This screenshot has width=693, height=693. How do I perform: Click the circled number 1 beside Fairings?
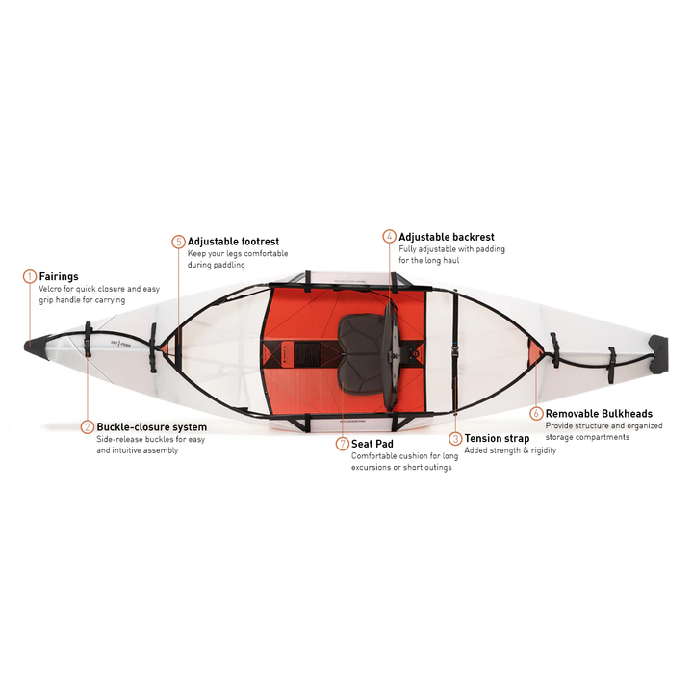pyautogui.click(x=29, y=276)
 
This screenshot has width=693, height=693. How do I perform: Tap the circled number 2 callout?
pyautogui.click(x=87, y=426)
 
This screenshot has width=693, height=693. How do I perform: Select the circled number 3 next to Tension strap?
pyautogui.click(x=455, y=439)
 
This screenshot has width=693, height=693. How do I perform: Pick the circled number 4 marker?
pyautogui.click(x=389, y=236)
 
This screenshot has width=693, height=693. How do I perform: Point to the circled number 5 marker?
pyautogui.click(x=178, y=242)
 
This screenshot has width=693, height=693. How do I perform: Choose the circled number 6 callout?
pyautogui.click(x=536, y=414)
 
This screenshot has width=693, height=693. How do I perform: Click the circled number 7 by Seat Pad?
pyautogui.click(x=342, y=444)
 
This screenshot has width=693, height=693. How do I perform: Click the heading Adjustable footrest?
pyautogui.click(x=233, y=242)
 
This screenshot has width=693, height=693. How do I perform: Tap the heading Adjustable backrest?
pyautogui.click(x=447, y=236)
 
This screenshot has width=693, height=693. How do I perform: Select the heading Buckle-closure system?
pyautogui.click(x=151, y=426)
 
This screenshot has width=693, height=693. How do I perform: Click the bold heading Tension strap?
pyautogui.click(x=497, y=439)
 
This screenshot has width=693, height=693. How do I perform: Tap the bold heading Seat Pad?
pyautogui.click(x=372, y=444)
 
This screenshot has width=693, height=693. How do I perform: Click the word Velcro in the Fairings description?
pyautogui.click(x=52, y=289)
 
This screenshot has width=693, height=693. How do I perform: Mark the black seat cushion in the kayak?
pyautogui.click(x=360, y=340)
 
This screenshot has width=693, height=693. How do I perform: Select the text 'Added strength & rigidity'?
pyautogui.click(x=510, y=450)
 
